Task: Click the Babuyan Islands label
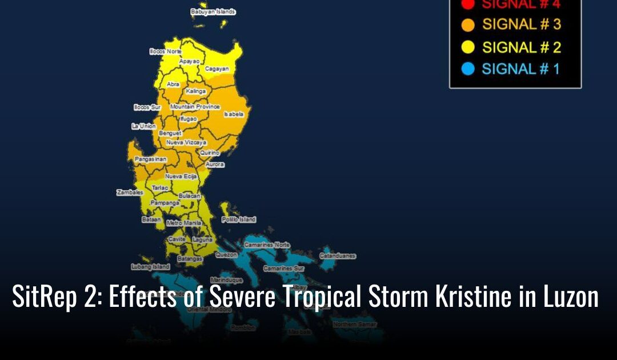click(x=213, y=11)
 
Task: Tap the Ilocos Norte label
click(x=165, y=51)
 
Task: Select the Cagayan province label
click(x=217, y=69)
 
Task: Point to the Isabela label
click(x=234, y=114)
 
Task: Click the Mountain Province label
click(x=195, y=107)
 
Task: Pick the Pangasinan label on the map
click(x=150, y=159)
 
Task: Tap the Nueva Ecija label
click(x=181, y=177)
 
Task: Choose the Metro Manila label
click(x=184, y=223)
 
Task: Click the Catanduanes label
click(x=338, y=255)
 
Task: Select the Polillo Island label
click(x=238, y=219)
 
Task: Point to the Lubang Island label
click(x=151, y=267)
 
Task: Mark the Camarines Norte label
click(x=267, y=245)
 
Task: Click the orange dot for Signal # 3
click(x=468, y=25)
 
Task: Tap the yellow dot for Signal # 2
click(x=468, y=47)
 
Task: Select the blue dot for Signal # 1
click(x=468, y=70)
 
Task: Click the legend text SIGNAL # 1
click(x=520, y=70)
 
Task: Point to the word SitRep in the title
click(x=42, y=297)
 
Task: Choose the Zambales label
click(x=130, y=193)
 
